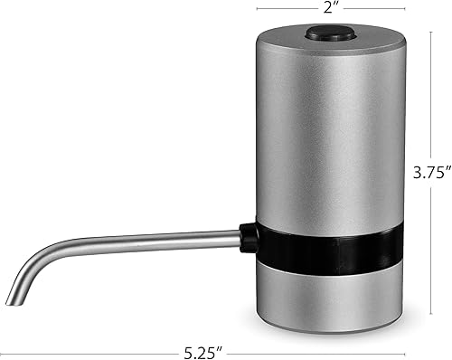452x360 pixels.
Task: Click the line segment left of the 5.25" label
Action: (99, 348)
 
